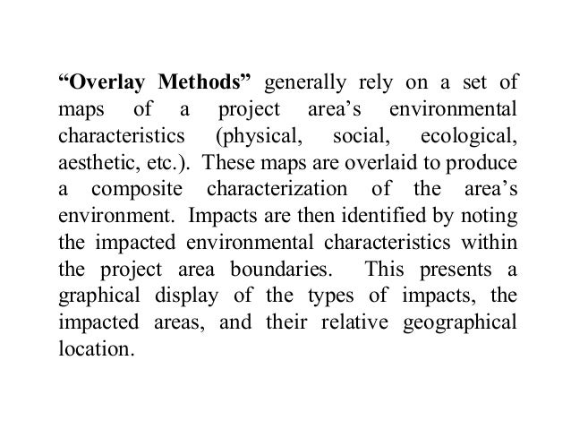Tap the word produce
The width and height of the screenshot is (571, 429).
click(483, 168)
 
